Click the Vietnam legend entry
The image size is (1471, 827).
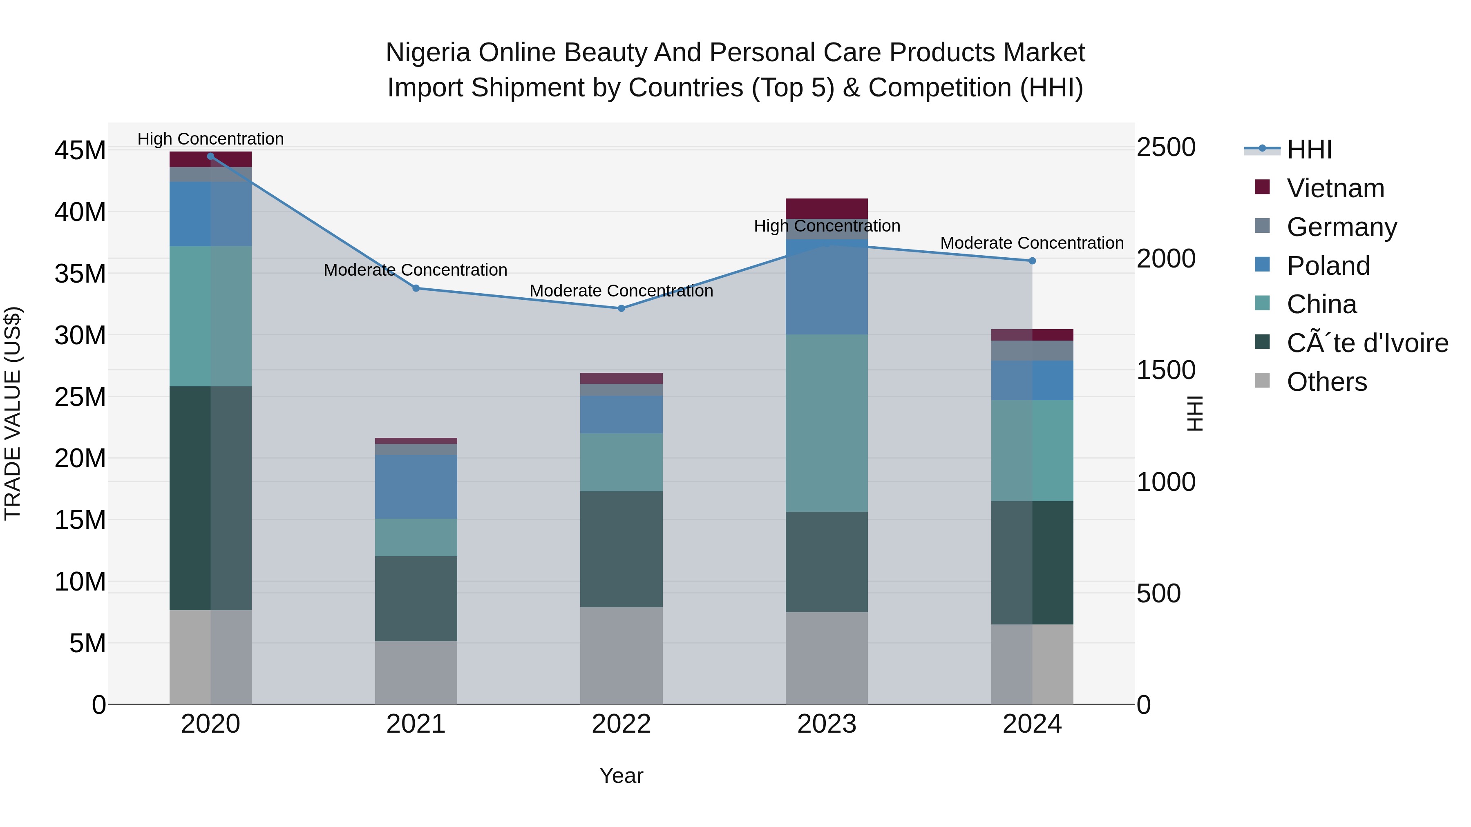[x=1335, y=188]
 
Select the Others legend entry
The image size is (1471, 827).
[x=1326, y=382]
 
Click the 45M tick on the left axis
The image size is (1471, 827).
[x=80, y=151]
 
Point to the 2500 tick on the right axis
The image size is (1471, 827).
[x=1165, y=147]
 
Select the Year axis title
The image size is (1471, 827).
[x=621, y=776]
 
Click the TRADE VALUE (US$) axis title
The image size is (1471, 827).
[x=13, y=413]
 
